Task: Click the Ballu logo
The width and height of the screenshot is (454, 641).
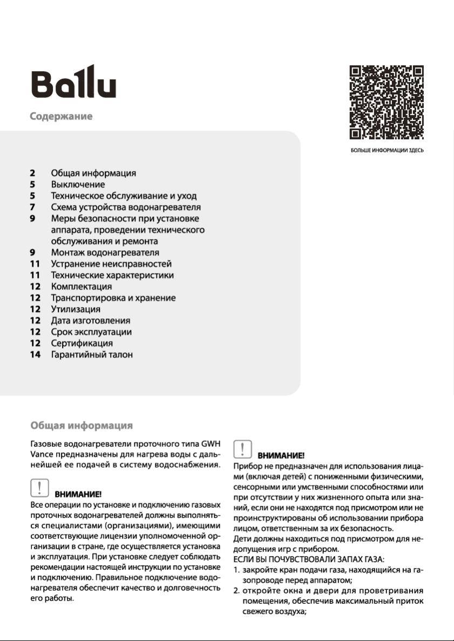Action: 73,82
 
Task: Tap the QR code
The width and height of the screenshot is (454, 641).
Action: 387,103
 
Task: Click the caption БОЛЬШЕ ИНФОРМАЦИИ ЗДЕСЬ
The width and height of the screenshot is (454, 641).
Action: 387,151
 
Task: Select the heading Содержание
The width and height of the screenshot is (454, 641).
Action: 61,117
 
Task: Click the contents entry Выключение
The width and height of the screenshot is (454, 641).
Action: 78,185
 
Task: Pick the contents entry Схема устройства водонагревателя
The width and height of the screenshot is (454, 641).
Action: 126,207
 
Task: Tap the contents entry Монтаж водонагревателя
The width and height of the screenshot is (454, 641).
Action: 105,253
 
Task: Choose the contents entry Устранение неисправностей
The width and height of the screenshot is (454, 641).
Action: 111,264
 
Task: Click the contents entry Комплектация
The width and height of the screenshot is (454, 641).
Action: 82,287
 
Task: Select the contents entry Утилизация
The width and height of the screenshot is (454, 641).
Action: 76,309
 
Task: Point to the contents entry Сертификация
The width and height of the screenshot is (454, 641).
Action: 82,343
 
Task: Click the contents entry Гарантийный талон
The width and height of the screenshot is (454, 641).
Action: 92,354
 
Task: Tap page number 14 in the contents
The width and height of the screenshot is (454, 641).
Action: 35,354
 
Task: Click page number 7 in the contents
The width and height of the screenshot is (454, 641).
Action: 32,207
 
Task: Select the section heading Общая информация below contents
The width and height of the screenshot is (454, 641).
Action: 82,426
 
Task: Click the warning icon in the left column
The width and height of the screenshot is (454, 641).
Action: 40,488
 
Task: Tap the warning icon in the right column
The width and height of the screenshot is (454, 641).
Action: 243,449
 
